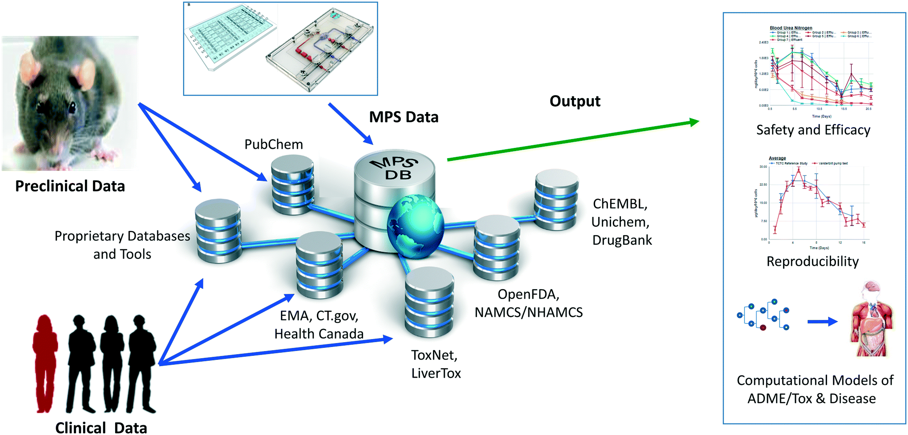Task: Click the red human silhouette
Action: pos(45,362)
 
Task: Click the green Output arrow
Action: pos(573,140)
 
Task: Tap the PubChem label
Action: pos(274,144)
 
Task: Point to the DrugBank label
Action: pos(622,240)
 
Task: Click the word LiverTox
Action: pos(436,373)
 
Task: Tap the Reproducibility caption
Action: pos(812,261)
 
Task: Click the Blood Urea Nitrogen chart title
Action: pos(791,28)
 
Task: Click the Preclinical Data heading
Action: pos(70,186)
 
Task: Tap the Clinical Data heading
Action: pos(101,427)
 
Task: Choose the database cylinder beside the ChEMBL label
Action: pos(556,200)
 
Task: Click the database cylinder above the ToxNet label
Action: pos(429,302)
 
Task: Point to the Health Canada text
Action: pos(319,334)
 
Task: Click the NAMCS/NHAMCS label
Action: pos(528,312)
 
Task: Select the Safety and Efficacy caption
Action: pos(813,130)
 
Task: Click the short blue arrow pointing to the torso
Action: pos(822,322)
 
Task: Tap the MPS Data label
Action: pos(404,117)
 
